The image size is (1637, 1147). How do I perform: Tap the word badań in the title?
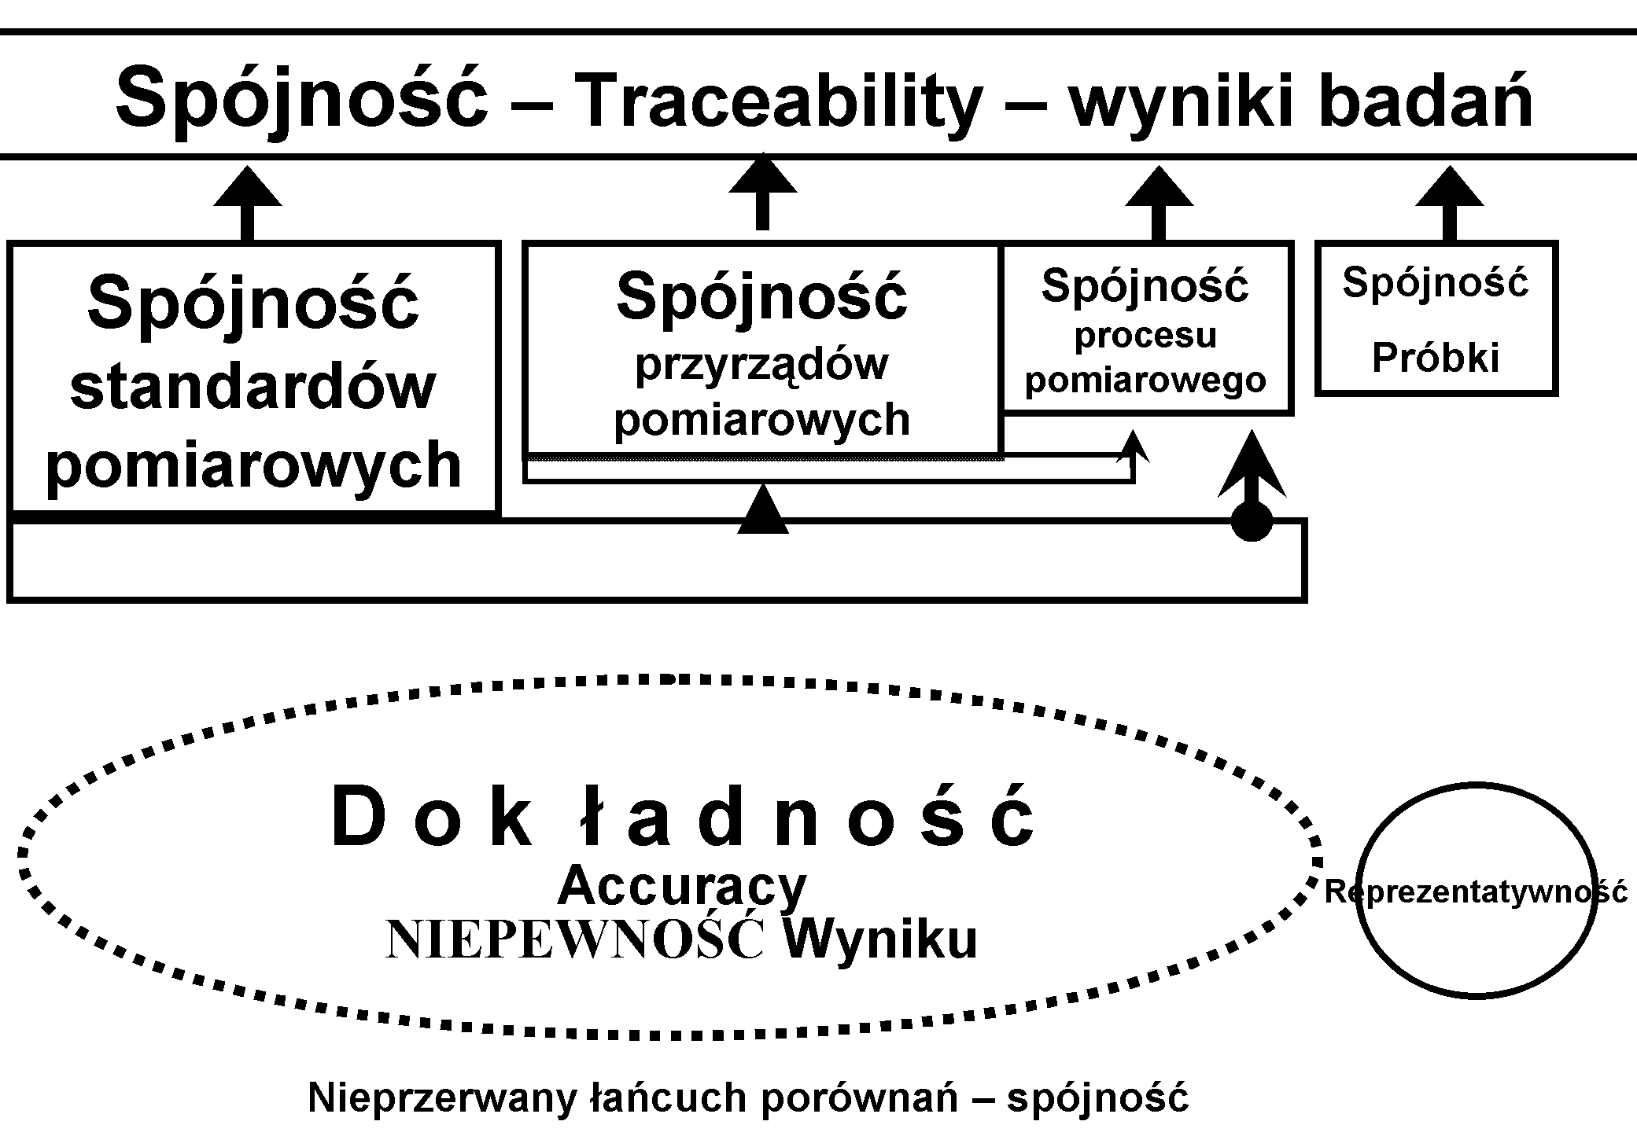pos(1425,101)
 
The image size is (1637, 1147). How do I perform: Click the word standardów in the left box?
pos(253,386)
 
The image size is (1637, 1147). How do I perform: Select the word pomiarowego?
pos(1145,380)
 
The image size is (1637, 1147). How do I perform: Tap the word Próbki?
pos(1436,358)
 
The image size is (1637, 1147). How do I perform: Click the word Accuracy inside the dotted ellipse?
pos(681,887)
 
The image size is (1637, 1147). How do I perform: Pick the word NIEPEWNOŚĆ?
pos(574,940)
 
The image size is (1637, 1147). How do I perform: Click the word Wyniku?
pos(880,939)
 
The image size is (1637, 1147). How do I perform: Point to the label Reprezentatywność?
pos(1476,891)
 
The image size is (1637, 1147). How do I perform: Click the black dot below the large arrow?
pos(1252,521)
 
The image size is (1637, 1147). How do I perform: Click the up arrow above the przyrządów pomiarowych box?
pos(761,189)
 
